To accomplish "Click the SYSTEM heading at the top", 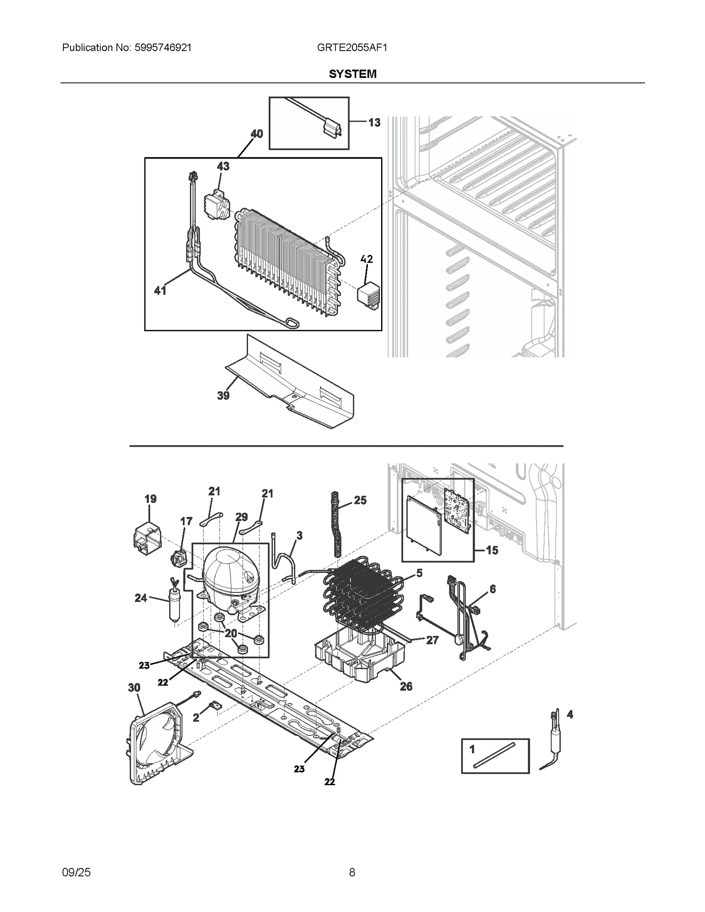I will tap(352, 74).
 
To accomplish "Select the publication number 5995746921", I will tap(161, 48).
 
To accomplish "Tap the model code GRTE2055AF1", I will tap(352, 48).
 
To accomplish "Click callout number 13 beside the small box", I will tap(374, 122).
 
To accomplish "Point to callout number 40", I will tap(256, 133).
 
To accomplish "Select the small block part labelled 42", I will tap(369, 296).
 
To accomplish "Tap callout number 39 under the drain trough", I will tap(223, 395).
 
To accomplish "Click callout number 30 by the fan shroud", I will tap(134, 687).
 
